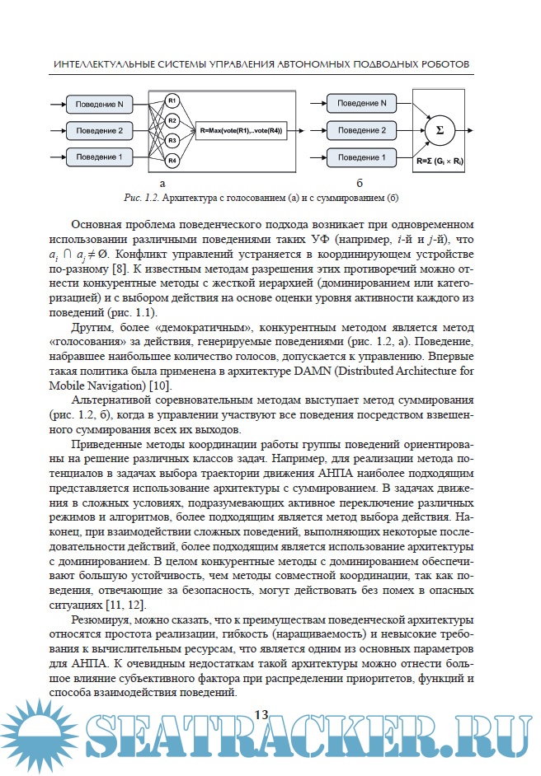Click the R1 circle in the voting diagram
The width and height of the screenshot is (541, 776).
pos(172,101)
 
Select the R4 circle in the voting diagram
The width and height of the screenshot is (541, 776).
pos(172,159)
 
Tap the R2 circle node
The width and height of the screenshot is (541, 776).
pos(172,121)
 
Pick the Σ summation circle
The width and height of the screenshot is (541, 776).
pos(439,130)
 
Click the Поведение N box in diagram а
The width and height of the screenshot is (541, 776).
pos(99,105)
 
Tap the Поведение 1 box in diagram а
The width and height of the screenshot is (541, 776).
pos(99,157)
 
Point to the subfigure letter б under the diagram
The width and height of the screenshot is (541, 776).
pos(360,183)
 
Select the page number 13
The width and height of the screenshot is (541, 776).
pos(262,713)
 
